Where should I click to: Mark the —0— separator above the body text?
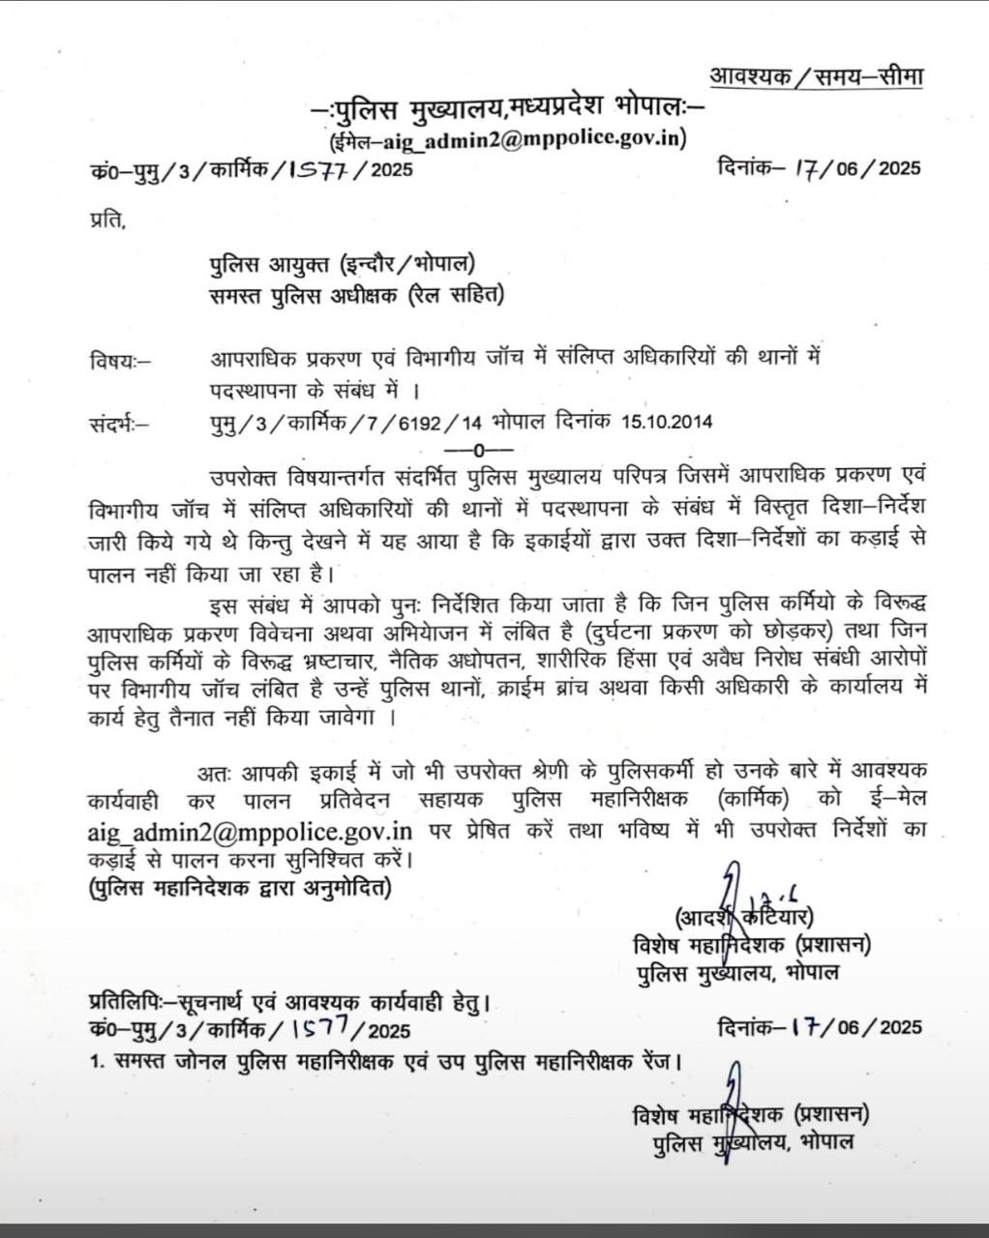(478, 450)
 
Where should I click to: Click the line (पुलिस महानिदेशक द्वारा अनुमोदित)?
(239, 887)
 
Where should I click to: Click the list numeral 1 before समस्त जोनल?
(96, 1062)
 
